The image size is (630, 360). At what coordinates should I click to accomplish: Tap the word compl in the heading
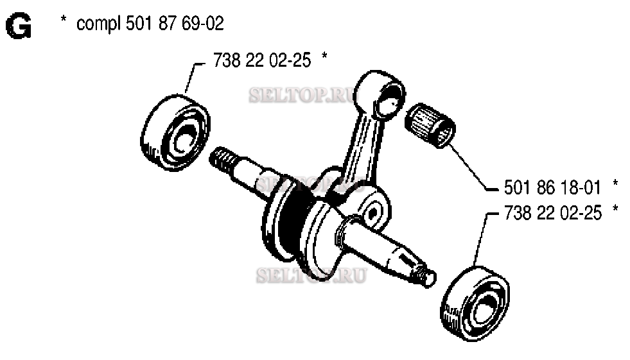tap(97, 25)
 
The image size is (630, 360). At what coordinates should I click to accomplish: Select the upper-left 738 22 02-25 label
tap(261, 60)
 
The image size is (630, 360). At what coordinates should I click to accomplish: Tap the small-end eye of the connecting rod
tap(383, 96)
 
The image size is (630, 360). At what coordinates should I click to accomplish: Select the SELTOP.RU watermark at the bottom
tap(311, 276)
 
